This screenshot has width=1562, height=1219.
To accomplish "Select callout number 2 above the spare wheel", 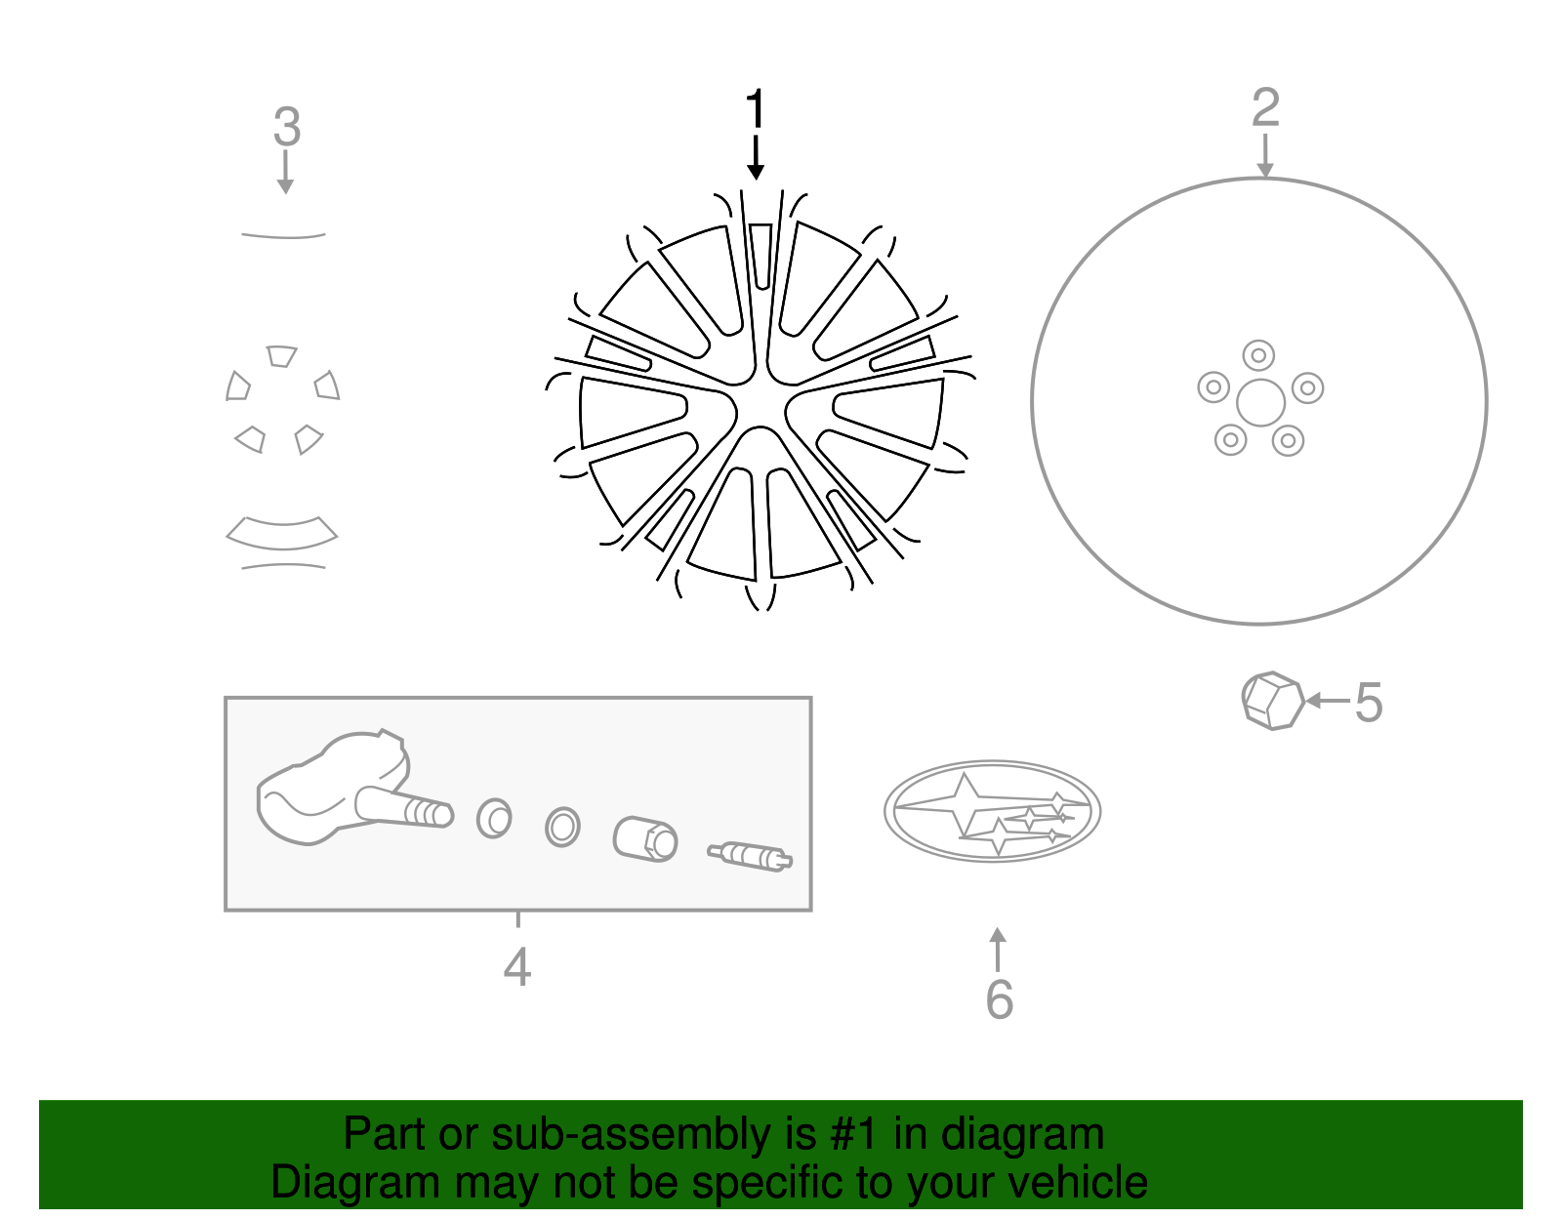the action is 1265,107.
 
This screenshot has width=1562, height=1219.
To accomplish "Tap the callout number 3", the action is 287,127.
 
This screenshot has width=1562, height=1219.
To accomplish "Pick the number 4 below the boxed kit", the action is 516,967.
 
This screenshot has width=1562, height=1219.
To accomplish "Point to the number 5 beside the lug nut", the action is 1369,703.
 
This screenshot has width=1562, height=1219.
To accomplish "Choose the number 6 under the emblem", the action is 999,998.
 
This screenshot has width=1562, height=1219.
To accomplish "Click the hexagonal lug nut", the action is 1272,701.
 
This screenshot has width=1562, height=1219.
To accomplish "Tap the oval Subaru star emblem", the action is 992,812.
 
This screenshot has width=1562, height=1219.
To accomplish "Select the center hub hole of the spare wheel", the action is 1260,403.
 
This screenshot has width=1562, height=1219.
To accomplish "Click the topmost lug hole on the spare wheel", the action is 1258,355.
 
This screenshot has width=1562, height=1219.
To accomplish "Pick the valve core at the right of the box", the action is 750,856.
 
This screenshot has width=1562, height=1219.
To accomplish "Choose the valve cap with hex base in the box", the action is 645,839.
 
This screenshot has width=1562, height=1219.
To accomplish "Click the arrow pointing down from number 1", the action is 755,157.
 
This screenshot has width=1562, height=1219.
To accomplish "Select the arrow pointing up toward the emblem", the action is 997,950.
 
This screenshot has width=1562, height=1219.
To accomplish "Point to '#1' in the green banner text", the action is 854,1134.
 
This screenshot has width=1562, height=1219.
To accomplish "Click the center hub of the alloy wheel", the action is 760,403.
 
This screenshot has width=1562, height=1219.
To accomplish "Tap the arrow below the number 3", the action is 285,172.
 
